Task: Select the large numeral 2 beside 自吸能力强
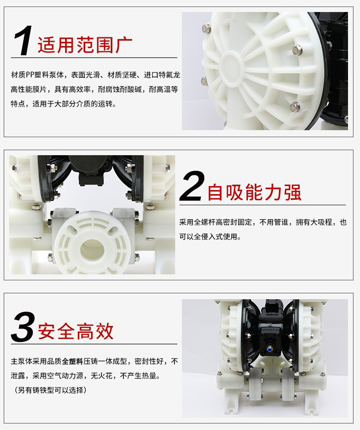192,186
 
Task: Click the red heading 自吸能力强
254,192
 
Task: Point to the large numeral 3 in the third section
23,328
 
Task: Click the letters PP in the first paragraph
30,75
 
